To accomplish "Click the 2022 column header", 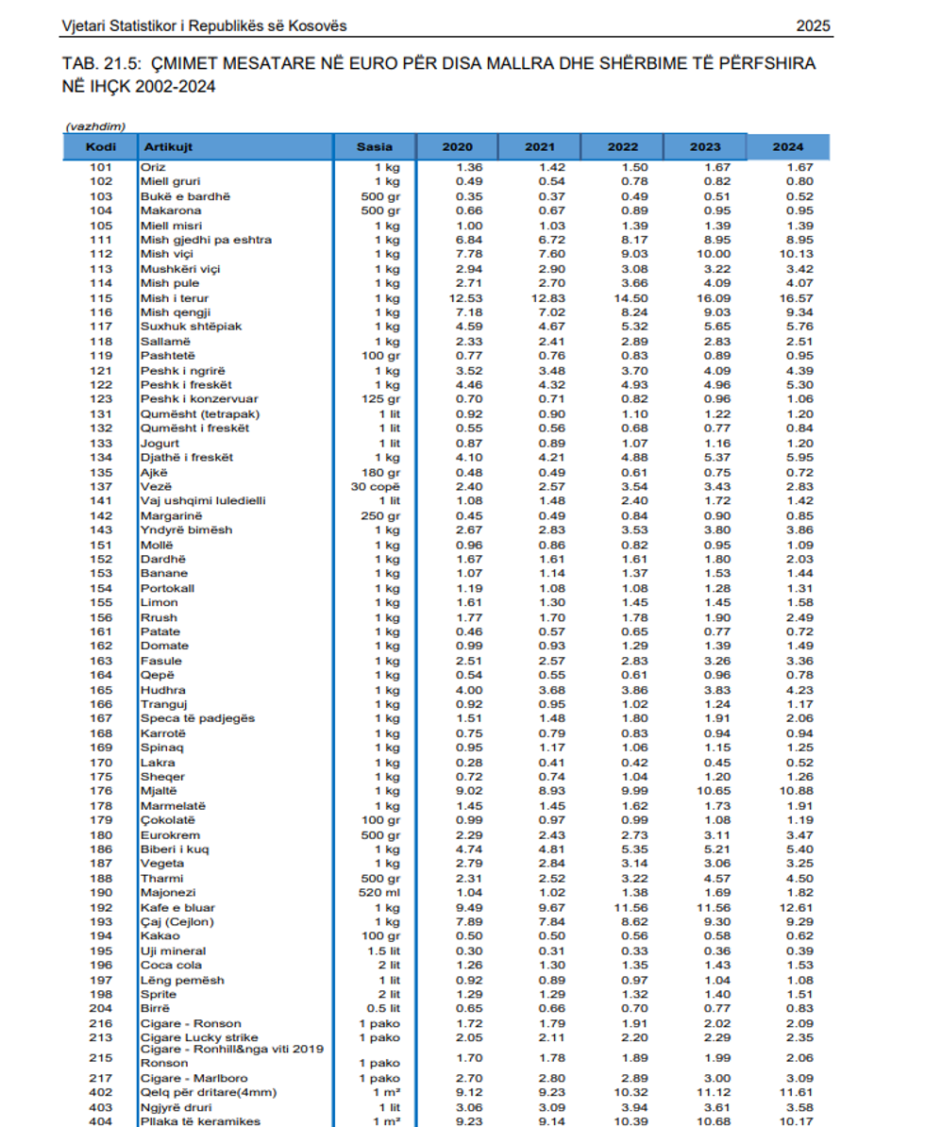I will click(x=623, y=146).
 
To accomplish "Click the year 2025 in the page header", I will click(x=813, y=26).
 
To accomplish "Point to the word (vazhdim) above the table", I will click(x=96, y=126).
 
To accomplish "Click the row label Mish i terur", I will click(x=175, y=298).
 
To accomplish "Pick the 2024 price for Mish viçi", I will click(x=788, y=255).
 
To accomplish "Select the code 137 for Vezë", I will click(x=101, y=486).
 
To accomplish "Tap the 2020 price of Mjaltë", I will click(x=458, y=791).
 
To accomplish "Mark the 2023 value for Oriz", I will click(x=705, y=168).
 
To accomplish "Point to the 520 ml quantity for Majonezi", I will click(x=380, y=892).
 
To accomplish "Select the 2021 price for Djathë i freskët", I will click(x=540, y=458).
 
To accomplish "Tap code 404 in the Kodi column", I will click(x=101, y=1121).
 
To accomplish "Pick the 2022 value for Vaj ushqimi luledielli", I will click(x=623, y=501).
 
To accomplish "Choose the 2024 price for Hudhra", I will click(x=788, y=690).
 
